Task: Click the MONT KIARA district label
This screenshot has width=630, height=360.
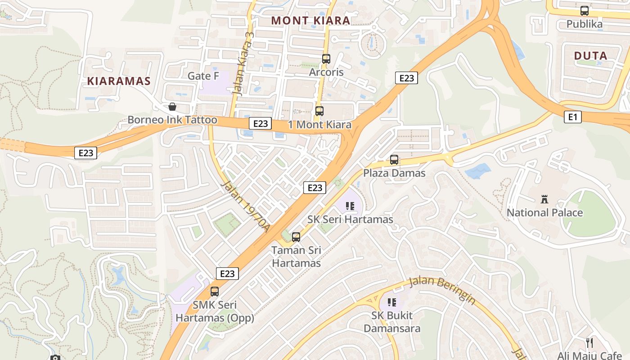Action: coord(311,20)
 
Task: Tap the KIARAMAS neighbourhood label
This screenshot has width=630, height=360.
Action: coord(118,81)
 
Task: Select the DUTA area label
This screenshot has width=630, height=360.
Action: coord(590,56)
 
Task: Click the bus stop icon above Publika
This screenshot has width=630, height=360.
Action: coord(585,11)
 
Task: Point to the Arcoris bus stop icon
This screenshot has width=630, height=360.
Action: coord(326,59)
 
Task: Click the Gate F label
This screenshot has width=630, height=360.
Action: coord(203,76)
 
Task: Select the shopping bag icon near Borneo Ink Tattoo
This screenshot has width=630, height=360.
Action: coord(172,107)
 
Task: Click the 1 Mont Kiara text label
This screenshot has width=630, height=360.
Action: coord(320,125)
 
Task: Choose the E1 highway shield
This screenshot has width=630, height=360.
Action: coord(572,117)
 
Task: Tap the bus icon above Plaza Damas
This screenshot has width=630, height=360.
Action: coord(394,160)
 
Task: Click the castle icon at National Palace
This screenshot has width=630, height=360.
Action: coord(544,199)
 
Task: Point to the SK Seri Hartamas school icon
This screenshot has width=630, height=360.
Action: coord(350,206)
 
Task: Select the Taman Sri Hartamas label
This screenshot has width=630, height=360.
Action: coord(296,256)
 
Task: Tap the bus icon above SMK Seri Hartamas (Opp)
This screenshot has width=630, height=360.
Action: coord(215,291)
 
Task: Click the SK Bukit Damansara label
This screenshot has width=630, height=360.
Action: coord(392,322)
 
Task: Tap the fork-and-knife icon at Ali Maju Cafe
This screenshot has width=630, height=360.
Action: coord(589,343)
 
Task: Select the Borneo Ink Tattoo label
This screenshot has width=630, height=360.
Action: coord(172,120)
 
